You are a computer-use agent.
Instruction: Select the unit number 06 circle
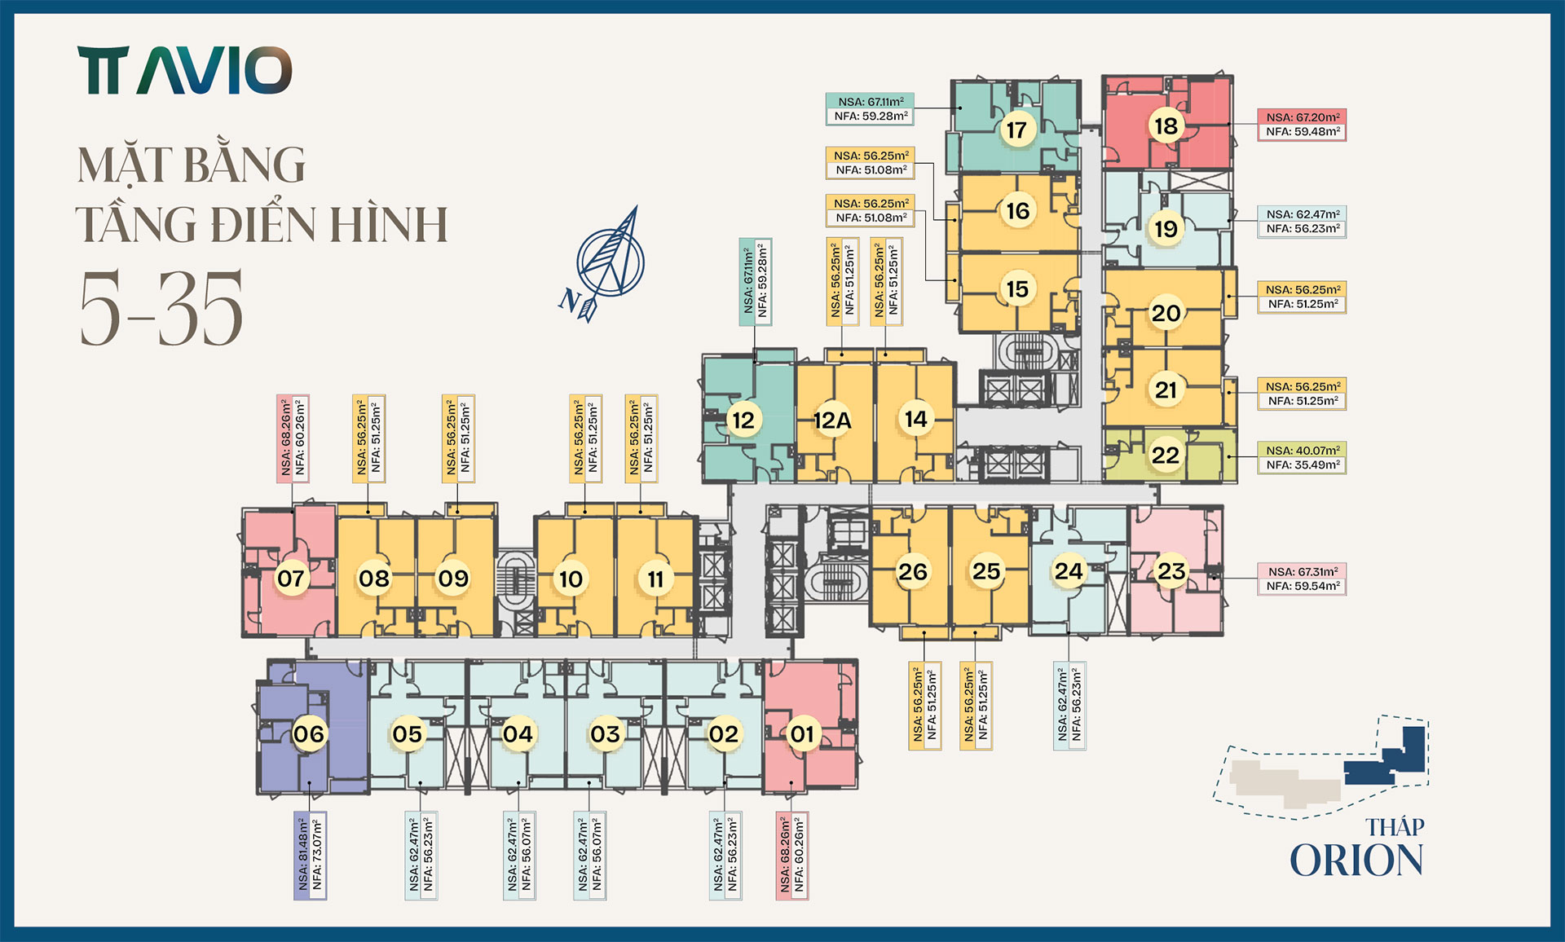coord(309,734)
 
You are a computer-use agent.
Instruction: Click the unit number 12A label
coord(832,420)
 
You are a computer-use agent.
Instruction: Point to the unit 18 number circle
coord(1166,125)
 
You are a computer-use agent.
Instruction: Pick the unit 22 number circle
coord(1166,455)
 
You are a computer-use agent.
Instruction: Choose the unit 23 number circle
coord(1171,571)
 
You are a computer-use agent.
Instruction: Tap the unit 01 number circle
coord(802,734)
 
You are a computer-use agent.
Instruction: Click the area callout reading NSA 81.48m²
coord(310,855)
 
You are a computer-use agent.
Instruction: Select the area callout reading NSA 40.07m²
coord(1302,458)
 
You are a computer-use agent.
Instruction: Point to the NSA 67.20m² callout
coord(1302,125)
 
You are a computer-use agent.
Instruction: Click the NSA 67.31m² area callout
coord(1302,579)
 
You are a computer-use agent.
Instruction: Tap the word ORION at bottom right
coord(1356,861)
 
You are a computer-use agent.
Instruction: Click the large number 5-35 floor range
coord(161,308)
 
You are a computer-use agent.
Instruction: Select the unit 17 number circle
coord(1016,130)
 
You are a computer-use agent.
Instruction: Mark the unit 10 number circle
coord(571,579)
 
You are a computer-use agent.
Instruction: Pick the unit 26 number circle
coord(913,571)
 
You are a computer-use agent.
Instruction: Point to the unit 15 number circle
coord(1017,288)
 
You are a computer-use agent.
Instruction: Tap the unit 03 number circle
coord(606,734)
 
